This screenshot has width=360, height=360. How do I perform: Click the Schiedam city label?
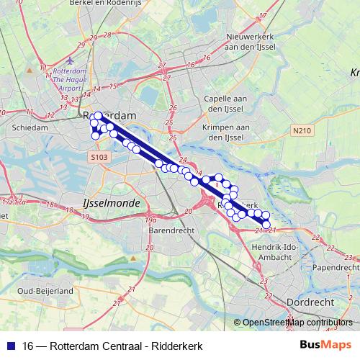click(x=30, y=127)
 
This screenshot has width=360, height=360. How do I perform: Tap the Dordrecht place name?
click(x=307, y=302)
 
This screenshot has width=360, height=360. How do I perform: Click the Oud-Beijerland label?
click(x=45, y=290)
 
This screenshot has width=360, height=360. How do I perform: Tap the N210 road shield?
click(x=302, y=131)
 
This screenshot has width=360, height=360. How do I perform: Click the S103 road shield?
click(x=99, y=156)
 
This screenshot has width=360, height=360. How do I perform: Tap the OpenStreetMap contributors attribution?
click(x=297, y=323)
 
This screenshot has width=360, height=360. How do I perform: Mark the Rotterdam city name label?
click(x=112, y=115)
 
